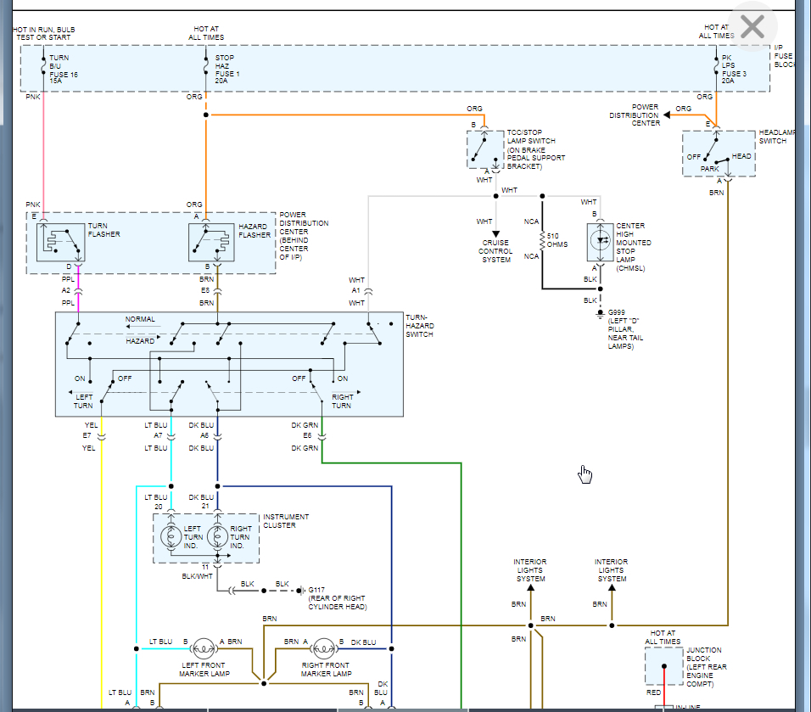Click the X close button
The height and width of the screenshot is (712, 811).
coord(752,28)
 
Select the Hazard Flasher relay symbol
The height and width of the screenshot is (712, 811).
coord(211,243)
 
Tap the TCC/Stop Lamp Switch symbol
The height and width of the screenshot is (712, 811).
coord(484,149)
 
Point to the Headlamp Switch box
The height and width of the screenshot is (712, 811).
coord(719,154)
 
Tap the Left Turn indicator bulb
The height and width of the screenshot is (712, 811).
coord(171,537)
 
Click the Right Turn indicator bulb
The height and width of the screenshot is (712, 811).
coord(218,537)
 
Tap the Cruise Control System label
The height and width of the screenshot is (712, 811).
coord(496,250)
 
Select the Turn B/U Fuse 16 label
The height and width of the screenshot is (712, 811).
coord(63,67)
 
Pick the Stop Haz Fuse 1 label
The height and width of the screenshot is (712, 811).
coord(228,67)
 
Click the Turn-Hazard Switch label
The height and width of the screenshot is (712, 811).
coord(420,326)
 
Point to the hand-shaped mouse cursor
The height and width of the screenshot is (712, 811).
coord(584,474)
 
